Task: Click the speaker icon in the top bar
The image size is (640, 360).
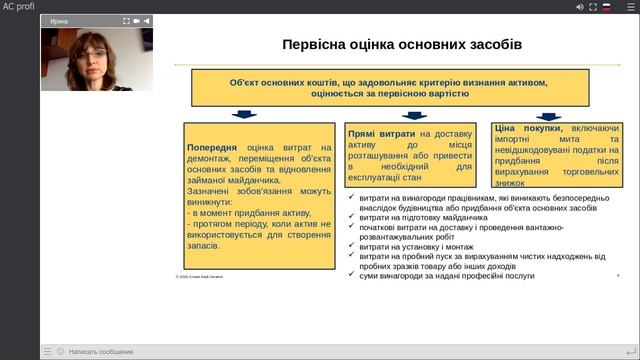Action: [x=580, y=6]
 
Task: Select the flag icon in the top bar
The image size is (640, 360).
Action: [x=606, y=6]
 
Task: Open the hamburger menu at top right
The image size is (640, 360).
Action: [x=628, y=6]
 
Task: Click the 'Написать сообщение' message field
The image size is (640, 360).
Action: [x=100, y=352]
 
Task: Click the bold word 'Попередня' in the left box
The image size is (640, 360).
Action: [x=214, y=147]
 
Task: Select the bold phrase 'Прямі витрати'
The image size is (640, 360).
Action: [x=381, y=133]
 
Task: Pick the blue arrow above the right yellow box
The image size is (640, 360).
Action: [x=549, y=115]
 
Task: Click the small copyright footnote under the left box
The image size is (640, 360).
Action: [x=198, y=277]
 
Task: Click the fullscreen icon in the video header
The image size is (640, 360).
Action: [x=127, y=20]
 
